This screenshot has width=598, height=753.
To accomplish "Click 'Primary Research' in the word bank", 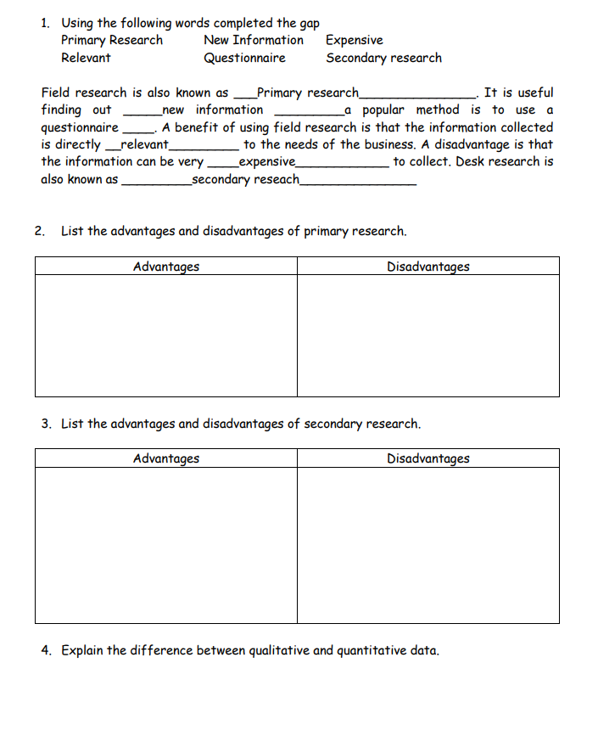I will (x=112, y=40).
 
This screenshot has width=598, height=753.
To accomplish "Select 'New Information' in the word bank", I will (x=253, y=40).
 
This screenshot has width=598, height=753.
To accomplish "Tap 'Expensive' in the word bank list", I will (x=354, y=40).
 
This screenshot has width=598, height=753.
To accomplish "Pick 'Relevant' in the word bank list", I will (x=86, y=58).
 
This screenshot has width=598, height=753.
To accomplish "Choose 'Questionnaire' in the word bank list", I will (x=244, y=58).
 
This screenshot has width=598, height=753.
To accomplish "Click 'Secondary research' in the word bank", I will (x=383, y=58).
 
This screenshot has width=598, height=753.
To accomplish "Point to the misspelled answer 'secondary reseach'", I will (x=246, y=179).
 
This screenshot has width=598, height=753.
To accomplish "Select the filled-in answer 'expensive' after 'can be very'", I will (x=267, y=161).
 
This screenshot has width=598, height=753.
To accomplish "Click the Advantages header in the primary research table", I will (x=166, y=267).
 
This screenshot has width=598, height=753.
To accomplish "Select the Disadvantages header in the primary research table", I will (x=428, y=267).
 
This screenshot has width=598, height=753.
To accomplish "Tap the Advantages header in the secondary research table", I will (x=166, y=458).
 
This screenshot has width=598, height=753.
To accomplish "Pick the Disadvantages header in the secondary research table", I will (x=428, y=458).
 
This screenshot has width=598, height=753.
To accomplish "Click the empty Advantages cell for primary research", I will (x=166, y=335).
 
